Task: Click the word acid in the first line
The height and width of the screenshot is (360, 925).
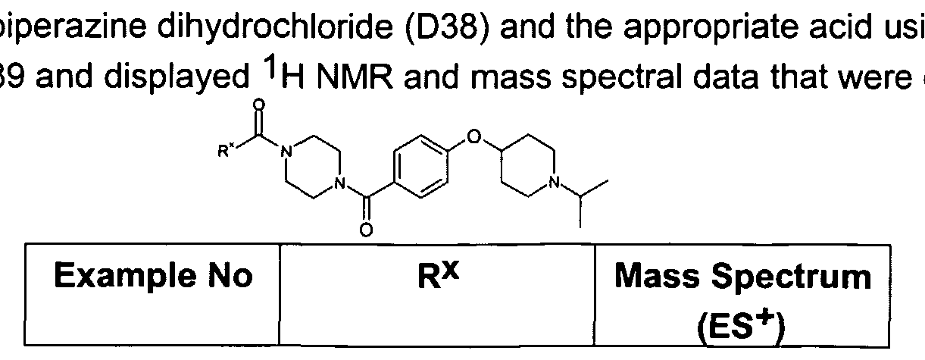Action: click(844, 26)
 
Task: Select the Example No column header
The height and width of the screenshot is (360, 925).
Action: click(153, 275)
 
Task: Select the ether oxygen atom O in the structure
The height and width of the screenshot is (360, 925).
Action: click(474, 136)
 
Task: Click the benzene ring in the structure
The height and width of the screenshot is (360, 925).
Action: click(421, 166)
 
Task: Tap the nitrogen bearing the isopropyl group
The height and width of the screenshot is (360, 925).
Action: click(555, 182)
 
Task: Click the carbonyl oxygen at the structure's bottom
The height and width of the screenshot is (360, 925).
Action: click(366, 230)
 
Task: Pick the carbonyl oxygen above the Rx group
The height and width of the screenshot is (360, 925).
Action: click(259, 106)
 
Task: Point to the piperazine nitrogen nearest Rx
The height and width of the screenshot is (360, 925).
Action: click(286, 152)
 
